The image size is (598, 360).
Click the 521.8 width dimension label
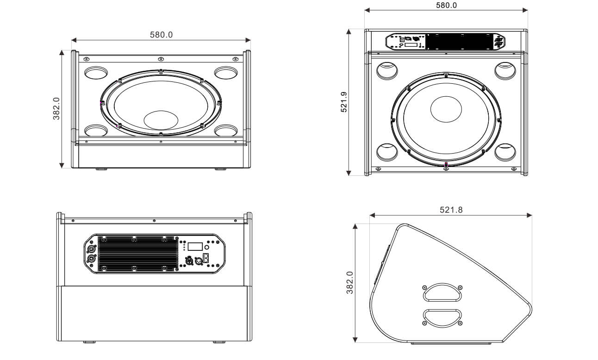click(x=451, y=210)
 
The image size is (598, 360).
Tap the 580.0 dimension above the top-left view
click(x=161, y=35)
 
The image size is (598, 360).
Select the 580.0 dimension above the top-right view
click(x=446, y=6)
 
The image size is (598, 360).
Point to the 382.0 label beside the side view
click(x=350, y=282)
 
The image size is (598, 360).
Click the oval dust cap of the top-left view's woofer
click(x=161, y=119)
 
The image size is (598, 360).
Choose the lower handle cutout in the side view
click(x=442, y=317)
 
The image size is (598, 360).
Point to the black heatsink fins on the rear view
click(x=137, y=254)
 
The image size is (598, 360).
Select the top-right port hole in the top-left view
click(x=226, y=72)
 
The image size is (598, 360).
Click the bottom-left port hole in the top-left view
click(x=96, y=130)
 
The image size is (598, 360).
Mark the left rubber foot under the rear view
click(x=88, y=342)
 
